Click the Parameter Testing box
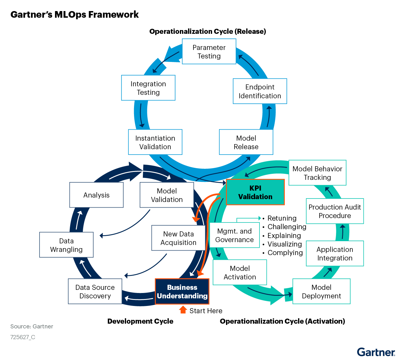209,52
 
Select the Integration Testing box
148,88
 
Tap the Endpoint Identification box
260,91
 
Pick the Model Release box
246,142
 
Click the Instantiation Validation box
155,142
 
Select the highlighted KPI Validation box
255,192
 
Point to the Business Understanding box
182,291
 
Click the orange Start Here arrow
183,310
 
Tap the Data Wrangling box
66,245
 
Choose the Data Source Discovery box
95,291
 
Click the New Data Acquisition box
178,238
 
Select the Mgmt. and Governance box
234,235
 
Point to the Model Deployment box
321,291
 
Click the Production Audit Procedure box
335,211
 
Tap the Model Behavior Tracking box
317,173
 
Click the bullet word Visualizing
284,244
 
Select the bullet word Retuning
282,218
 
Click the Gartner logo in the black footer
376,352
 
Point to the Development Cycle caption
140,321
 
